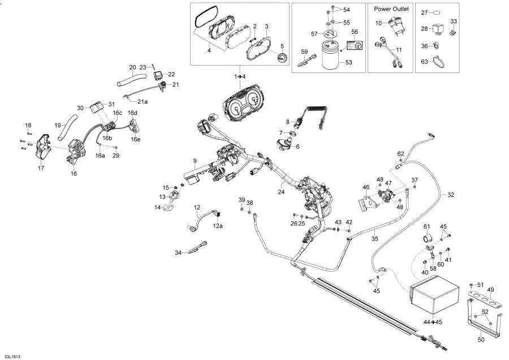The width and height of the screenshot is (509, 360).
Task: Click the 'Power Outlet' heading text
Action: [391, 9]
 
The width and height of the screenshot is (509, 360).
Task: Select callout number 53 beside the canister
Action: [349, 62]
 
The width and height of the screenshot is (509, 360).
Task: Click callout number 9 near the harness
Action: [195, 161]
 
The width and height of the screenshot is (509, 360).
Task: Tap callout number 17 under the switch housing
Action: [40, 168]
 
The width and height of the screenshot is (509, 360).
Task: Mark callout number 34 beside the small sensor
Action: [178, 252]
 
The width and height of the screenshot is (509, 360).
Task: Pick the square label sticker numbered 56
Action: [355, 45]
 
